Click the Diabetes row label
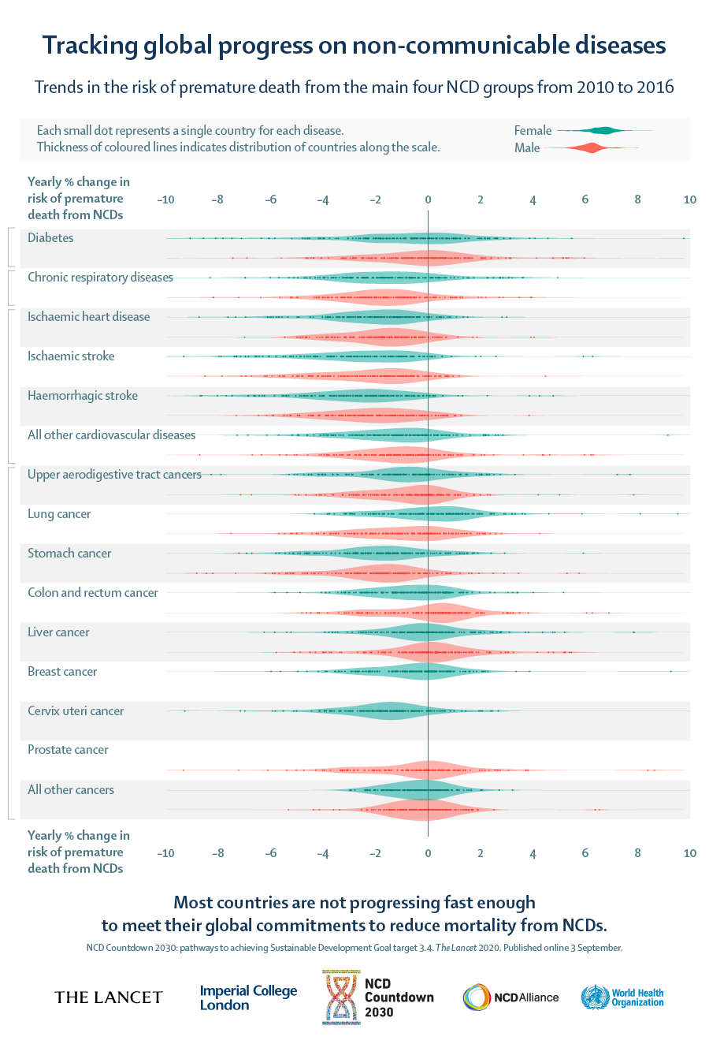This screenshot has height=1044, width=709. tap(50, 237)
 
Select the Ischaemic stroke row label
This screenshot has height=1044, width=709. tap(71, 356)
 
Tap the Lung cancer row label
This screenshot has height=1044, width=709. tap(59, 513)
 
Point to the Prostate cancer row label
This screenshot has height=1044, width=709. tap(68, 749)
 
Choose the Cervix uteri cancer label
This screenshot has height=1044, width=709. tap(76, 710)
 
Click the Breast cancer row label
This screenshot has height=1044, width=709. tap(62, 671)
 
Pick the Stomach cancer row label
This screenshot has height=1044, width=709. tap(69, 553)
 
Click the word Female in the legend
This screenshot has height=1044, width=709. tap(533, 130)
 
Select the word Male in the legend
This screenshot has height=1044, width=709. tap(527, 147)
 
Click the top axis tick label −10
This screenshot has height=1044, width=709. tap(165, 199)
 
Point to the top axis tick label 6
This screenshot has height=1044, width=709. tap(585, 199)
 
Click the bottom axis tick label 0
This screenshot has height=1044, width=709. tap(428, 853)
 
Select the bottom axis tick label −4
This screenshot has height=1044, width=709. tap(322, 853)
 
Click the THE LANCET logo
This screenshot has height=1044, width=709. tap(109, 997)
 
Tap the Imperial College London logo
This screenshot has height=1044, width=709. tap(248, 997)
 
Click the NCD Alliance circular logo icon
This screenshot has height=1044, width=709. tap(476, 997)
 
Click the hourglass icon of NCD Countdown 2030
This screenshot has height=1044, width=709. tap(340, 997)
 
